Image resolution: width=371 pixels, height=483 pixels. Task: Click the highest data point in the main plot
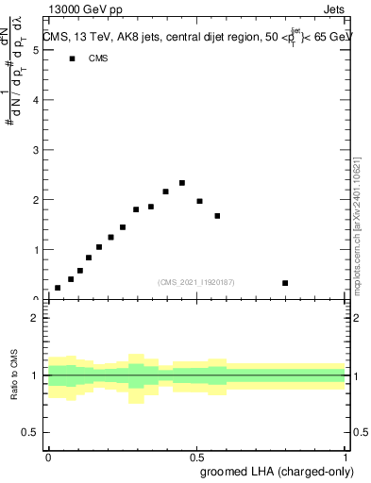tap(182, 183)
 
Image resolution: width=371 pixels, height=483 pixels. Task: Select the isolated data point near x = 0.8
tap(285, 283)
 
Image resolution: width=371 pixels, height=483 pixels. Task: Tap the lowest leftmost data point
tap(58, 288)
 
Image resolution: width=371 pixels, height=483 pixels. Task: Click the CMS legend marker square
tap(72, 58)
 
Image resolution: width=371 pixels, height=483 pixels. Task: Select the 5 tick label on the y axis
tap(36, 50)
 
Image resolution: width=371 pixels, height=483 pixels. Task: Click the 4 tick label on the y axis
tap(36, 100)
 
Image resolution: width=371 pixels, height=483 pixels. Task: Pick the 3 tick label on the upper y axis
tap(36, 150)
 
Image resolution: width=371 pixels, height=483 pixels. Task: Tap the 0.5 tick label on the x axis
tap(196, 456)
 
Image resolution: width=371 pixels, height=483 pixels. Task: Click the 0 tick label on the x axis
tap(48, 456)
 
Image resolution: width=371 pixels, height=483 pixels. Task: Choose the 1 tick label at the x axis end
tap(346, 456)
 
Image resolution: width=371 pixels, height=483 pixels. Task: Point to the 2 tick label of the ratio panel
tap(36, 318)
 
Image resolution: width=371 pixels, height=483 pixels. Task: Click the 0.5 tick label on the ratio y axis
tap(32, 432)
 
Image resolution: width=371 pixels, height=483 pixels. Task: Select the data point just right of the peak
tap(200, 201)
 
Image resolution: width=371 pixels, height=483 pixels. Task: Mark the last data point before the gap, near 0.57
tap(217, 216)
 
